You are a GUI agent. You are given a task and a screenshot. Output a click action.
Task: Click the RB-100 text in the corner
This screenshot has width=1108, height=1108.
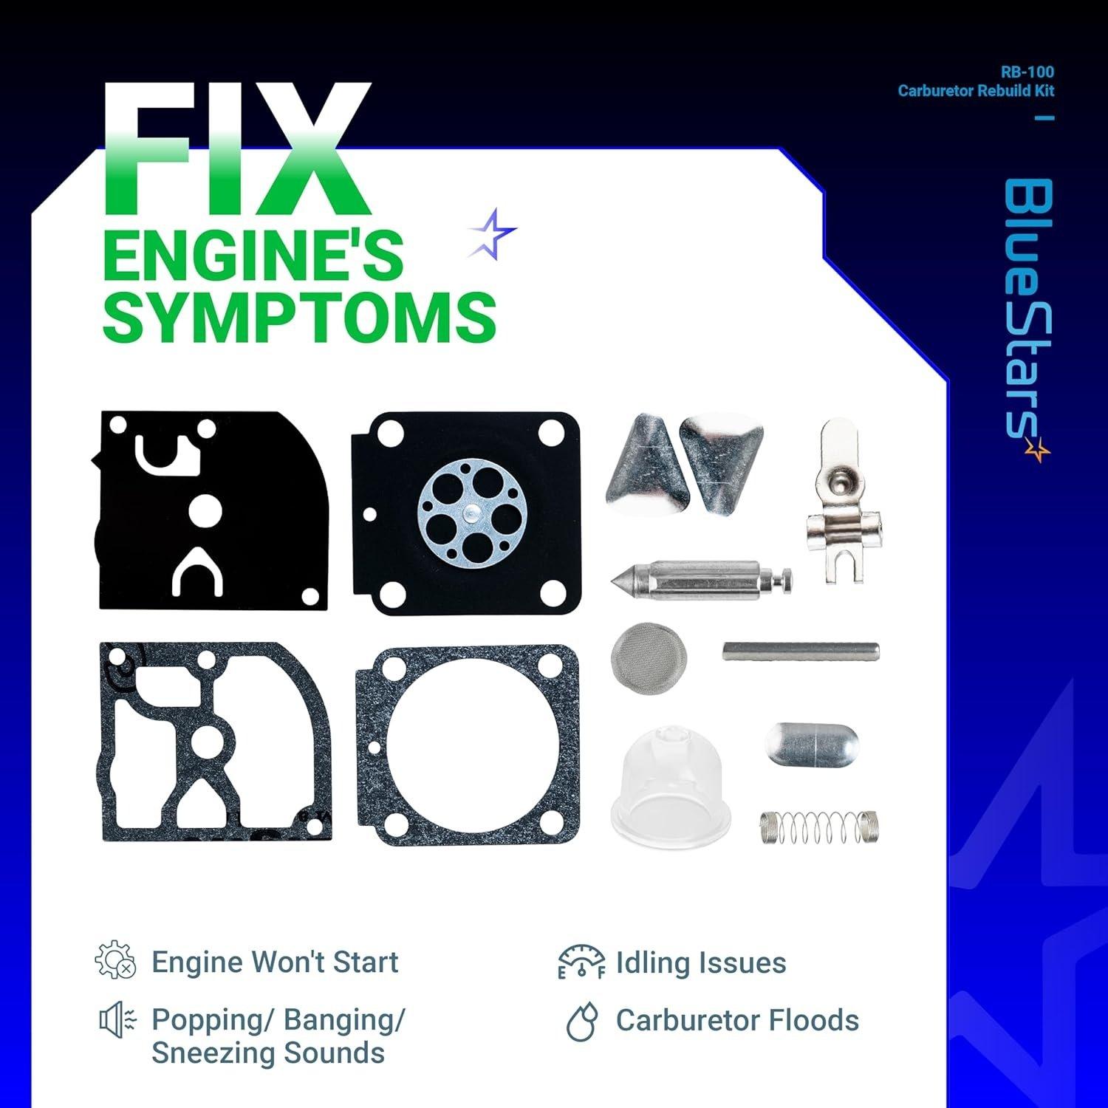tap(1037, 72)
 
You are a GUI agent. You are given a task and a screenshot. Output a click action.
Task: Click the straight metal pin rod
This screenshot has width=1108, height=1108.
tap(801, 651)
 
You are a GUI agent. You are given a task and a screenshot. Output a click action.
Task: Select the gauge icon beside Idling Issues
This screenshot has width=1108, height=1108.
tap(581, 962)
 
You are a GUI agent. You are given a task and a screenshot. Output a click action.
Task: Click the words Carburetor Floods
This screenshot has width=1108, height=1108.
tap(737, 1021)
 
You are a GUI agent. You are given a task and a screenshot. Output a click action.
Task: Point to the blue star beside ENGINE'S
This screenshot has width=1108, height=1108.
tap(493, 232)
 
